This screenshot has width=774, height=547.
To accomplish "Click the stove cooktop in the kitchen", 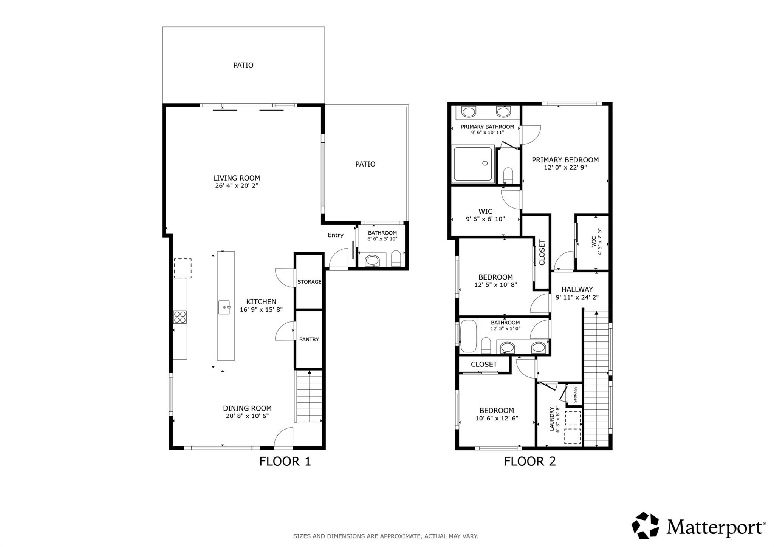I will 180,317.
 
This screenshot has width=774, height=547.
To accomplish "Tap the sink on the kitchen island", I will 224,307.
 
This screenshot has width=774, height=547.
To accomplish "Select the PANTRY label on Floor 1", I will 309,340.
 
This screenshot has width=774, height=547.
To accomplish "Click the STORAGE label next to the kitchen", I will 309,282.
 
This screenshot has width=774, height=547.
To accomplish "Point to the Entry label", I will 335,235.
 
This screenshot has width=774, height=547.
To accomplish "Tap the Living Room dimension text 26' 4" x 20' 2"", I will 237,186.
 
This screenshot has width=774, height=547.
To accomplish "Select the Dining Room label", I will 247,408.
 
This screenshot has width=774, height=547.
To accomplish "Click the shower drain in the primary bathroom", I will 485,164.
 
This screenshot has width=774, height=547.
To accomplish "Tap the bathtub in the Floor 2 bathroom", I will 469,337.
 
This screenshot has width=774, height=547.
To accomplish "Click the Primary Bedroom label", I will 565,160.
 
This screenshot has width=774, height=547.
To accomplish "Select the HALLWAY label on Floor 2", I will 577,290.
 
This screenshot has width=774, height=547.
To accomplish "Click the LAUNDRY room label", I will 552,419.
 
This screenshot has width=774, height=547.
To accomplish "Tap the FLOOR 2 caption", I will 529,462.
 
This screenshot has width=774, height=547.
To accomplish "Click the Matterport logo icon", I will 645,525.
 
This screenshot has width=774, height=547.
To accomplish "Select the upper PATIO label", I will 243,65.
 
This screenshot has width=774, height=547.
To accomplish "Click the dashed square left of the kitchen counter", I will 183,268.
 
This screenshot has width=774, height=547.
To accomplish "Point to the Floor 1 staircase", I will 309,397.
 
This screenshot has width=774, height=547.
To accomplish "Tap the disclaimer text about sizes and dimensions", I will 385,536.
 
